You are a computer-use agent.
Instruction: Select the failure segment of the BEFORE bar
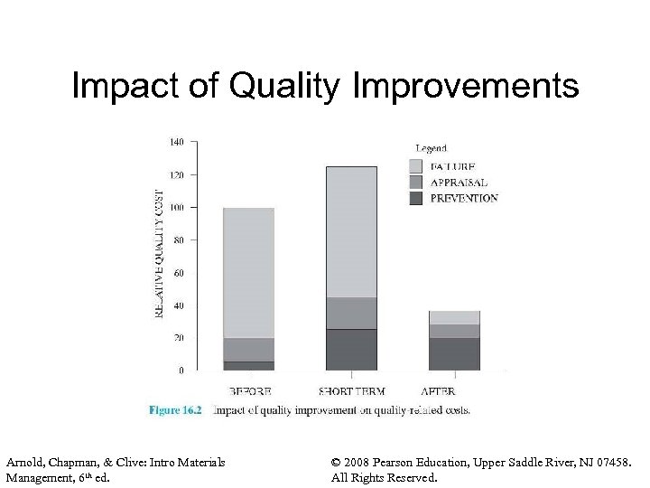[248, 271]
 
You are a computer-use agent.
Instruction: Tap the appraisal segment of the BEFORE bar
[248, 350]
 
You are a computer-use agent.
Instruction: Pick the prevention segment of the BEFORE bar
[248, 366]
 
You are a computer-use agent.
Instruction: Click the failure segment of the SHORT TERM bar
[351, 231]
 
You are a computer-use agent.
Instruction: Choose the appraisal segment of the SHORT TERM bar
[351, 313]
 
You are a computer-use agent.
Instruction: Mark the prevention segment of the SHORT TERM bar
[351, 350]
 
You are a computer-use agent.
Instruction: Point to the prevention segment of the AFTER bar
[454, 353]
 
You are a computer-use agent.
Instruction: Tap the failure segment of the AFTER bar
[454, 317]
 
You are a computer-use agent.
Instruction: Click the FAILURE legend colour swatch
[415, 166]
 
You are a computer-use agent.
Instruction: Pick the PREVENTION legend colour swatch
[415, 198]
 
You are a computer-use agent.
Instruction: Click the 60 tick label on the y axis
[179, 272]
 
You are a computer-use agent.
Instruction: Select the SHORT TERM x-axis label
[351, 391]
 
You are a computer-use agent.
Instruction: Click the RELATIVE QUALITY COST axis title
[160, 252]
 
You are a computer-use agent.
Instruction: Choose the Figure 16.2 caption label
[175, 410]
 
